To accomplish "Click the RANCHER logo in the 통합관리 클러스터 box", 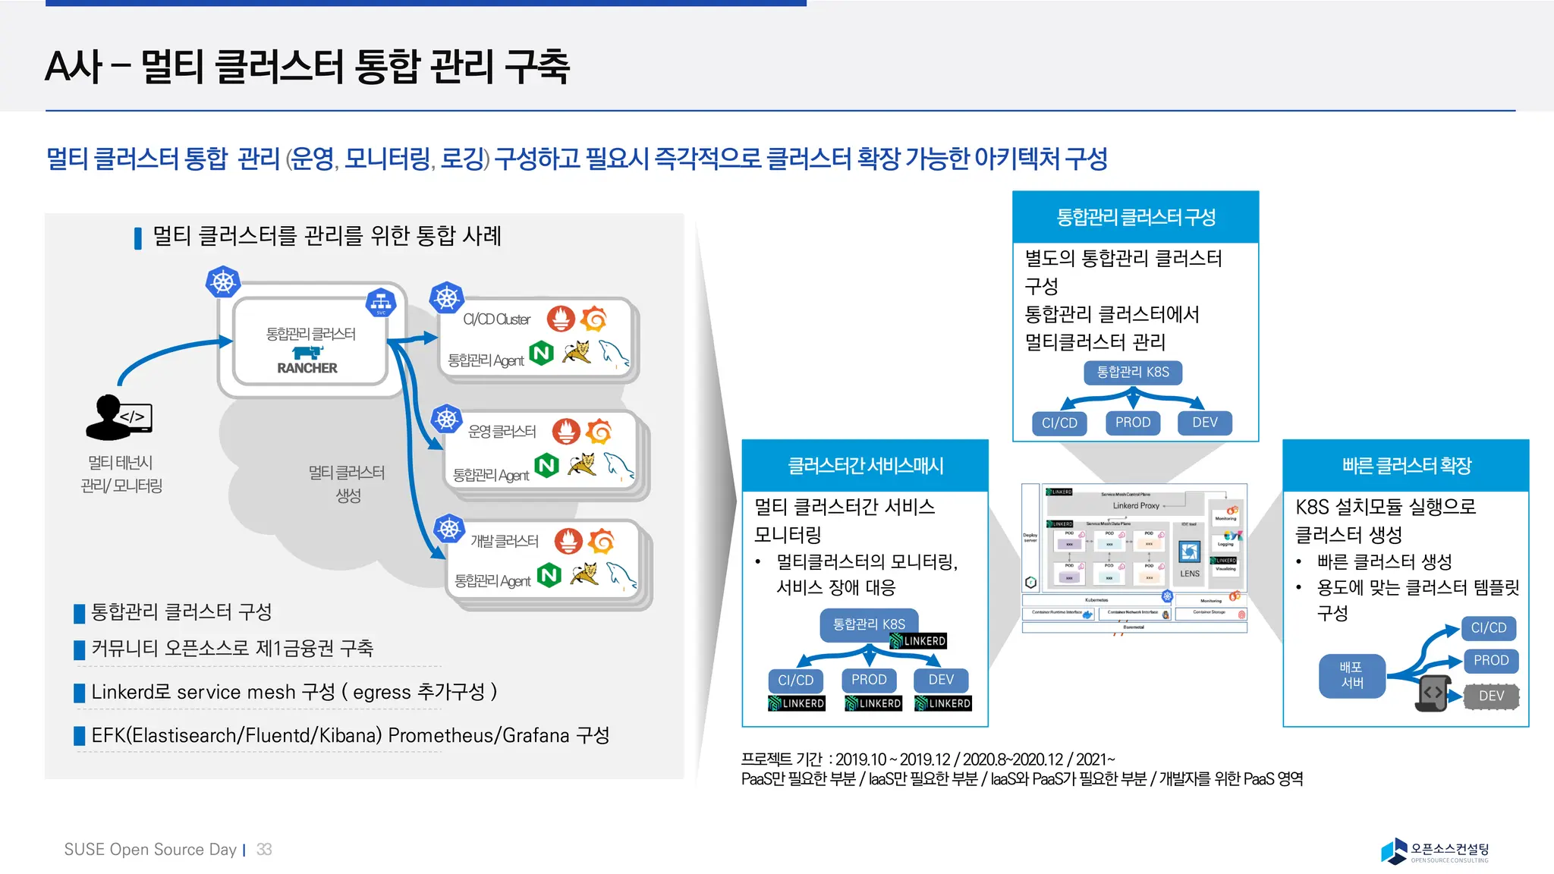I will click(x=307, y=360).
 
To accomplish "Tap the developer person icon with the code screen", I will click(x=118, y=417).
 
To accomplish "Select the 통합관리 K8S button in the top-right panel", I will click(x=1133, y=372).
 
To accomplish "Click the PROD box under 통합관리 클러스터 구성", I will click(x=1133, y=423).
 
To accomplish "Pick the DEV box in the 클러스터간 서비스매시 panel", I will click(x=941, y=680).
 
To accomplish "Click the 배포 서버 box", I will click(x=1351, y=675).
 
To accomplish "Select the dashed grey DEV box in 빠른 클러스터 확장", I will click(x=1491, y=696).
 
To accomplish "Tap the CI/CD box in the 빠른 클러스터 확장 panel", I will click(x=1488, y=628).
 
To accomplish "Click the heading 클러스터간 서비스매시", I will click(x=865, y=466).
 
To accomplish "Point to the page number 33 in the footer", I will click(x=264, y=850).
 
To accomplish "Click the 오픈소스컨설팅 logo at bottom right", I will click(x=1434, y=851).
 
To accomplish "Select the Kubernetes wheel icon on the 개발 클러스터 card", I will click(x=449, y=528).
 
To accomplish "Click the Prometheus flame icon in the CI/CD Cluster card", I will click(x=561, y=319).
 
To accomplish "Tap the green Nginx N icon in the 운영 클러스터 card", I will click(x=546, y=465).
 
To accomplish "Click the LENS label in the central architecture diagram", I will click(x=1190, y=574).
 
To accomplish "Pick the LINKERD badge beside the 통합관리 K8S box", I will click(x=918, y=641).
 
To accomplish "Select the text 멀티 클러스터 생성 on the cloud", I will click(x=347, y=483).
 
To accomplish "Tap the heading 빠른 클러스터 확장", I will click(x=1406, y=466).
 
